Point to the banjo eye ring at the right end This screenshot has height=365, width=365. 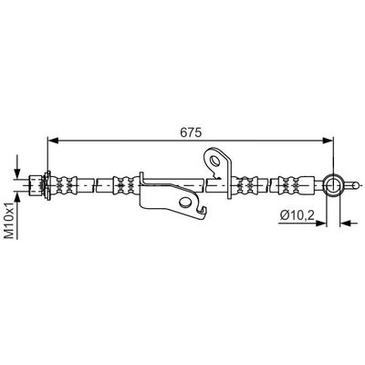[x=333, y=185]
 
